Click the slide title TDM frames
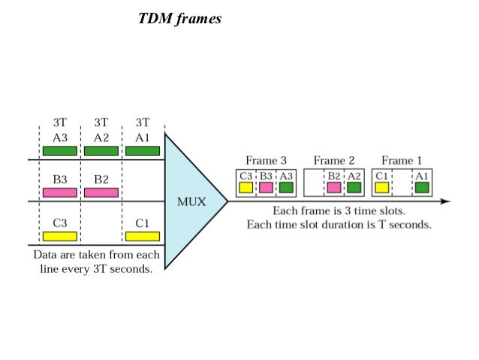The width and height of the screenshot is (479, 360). coord(180,19)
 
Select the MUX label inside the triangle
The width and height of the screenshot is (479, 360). coord(191,201)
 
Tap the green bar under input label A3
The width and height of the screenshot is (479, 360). coord(60,150)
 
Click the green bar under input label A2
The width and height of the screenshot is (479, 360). coord(101,150)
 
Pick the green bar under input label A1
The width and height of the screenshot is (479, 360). coord(143,150)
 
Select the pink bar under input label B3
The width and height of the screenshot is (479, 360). coord(60,192)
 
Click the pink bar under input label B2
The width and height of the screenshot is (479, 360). coord(101,192)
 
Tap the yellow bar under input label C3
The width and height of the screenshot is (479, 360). coord(60,236)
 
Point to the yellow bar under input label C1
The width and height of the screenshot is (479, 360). coord(143,236)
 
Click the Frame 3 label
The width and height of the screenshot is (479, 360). coord(266,160)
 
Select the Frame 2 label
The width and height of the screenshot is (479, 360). coord(334,160)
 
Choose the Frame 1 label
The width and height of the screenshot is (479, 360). coord(402,160)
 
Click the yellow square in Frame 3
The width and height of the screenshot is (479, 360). coord(246,187)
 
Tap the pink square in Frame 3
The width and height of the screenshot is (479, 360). coord(266,187)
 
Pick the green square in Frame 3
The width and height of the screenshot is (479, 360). coord(286,187)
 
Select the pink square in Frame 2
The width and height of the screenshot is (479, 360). coord(333,187)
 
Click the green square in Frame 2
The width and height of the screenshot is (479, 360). coord(354,187)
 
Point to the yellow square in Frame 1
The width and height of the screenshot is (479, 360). coord(381,187)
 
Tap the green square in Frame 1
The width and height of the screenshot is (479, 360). coord(422,187)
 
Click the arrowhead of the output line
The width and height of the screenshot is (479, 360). coord(445,201)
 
